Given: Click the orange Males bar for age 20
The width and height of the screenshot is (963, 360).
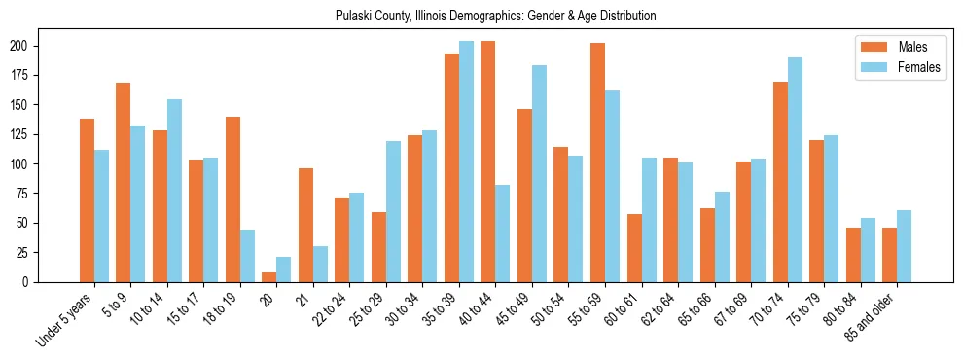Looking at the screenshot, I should tap(269, 277).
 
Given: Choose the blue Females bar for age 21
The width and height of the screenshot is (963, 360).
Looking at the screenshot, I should tap(320, 264).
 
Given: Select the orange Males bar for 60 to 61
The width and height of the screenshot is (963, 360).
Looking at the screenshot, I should tap(634, 248).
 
